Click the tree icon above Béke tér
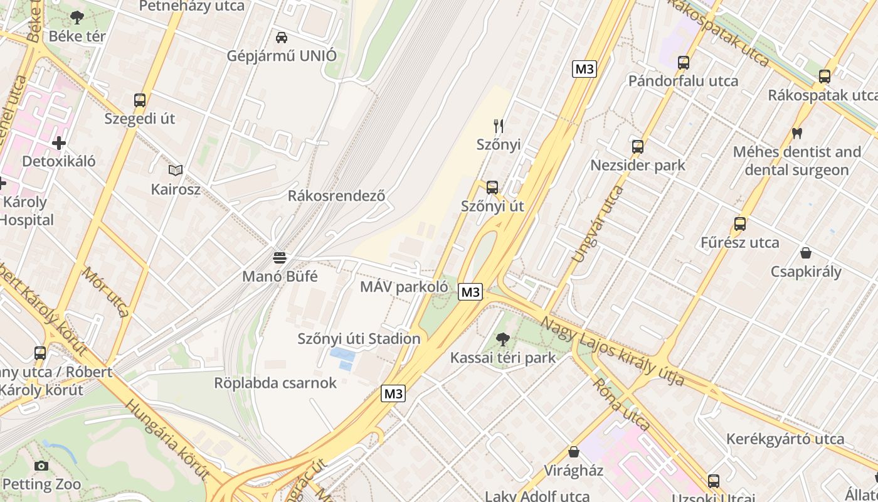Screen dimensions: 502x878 tap(77, 18)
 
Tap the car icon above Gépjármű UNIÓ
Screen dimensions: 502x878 tap(282, 38)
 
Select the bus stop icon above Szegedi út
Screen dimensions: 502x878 tap(140, 100)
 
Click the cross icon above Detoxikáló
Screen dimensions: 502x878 tap(59, 143)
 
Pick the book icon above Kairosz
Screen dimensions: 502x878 tap(176, 170)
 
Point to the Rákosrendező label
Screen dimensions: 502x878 tap(336, 195)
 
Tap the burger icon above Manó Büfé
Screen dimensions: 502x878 tap(280, 257)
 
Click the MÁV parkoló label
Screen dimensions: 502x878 tap(404, 287)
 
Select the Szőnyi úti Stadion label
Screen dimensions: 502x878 tap(359, 339)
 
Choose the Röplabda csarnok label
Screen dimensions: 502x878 tap(275, 383)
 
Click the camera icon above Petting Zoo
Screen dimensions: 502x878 tap(41, 466)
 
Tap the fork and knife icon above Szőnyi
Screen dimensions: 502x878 tap(499, 126)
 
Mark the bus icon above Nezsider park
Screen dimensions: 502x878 tap(638, 147)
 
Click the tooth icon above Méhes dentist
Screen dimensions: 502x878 tap(797, 133)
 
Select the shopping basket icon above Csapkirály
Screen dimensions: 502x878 tap(806, 253)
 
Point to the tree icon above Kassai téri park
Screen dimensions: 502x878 tap(502, 339)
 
